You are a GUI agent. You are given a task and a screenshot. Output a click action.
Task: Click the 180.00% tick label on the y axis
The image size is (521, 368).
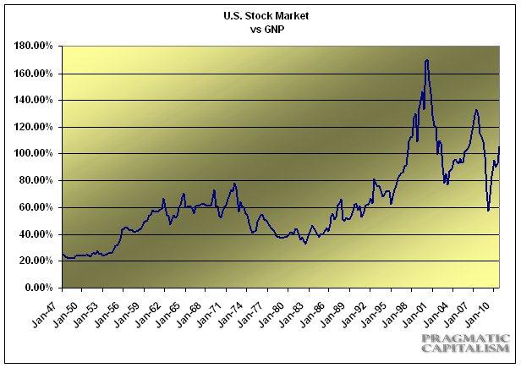point(34,47)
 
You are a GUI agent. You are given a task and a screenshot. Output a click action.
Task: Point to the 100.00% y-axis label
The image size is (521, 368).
point(34,154)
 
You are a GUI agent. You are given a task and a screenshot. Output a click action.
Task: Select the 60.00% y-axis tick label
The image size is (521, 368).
point(36,207)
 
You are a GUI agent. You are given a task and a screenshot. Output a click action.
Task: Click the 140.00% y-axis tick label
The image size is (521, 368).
point(34,100)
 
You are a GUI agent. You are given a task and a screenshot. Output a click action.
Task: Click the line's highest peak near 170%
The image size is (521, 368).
point(426,60)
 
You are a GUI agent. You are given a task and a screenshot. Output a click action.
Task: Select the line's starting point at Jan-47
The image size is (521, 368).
point(63,255)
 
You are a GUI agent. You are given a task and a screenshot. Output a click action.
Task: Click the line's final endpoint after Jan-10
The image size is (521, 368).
point(500,147)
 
